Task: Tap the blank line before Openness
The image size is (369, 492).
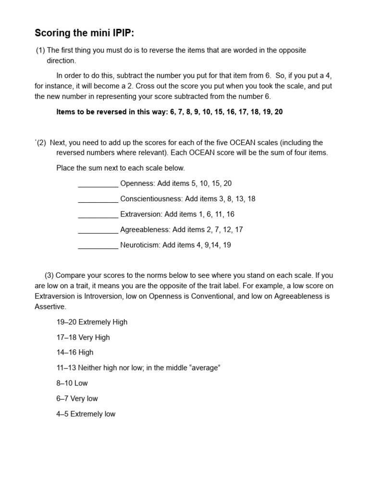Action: click(98, 184)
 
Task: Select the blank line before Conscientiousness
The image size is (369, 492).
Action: click(98, 199)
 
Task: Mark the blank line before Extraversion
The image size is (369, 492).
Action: click(98, 214)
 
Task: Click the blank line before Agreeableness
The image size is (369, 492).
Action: click(98, 230)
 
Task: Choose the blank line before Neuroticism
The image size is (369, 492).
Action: click(98, 245)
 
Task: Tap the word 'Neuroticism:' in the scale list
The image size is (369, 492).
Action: click(140, 245)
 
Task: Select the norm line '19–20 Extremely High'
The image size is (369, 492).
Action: click(92, 322)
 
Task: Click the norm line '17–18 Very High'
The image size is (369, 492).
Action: click(83, 337)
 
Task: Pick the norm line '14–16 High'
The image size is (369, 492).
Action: click(75, 352)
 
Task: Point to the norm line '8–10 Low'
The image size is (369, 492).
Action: click(72, 383)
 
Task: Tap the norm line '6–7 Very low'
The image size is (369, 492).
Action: click(77, 398)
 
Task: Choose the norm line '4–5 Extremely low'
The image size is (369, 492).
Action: click(86, 414)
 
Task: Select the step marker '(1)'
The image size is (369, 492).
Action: click(40, 50)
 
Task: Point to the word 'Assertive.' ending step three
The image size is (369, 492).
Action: click(50, 307)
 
